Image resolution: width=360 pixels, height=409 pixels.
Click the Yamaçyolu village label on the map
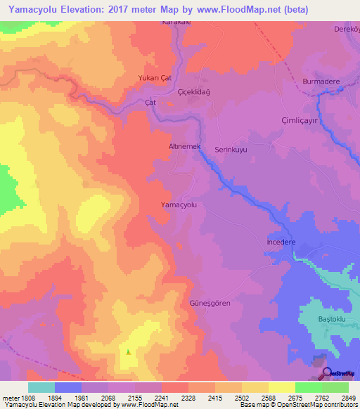click(184, 204)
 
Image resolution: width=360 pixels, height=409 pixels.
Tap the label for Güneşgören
click(210, 303)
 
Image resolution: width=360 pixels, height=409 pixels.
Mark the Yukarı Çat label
click(155, 79)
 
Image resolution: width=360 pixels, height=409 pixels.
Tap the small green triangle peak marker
click(128, 352)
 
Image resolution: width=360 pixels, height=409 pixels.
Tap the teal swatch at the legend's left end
click(41, 387)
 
